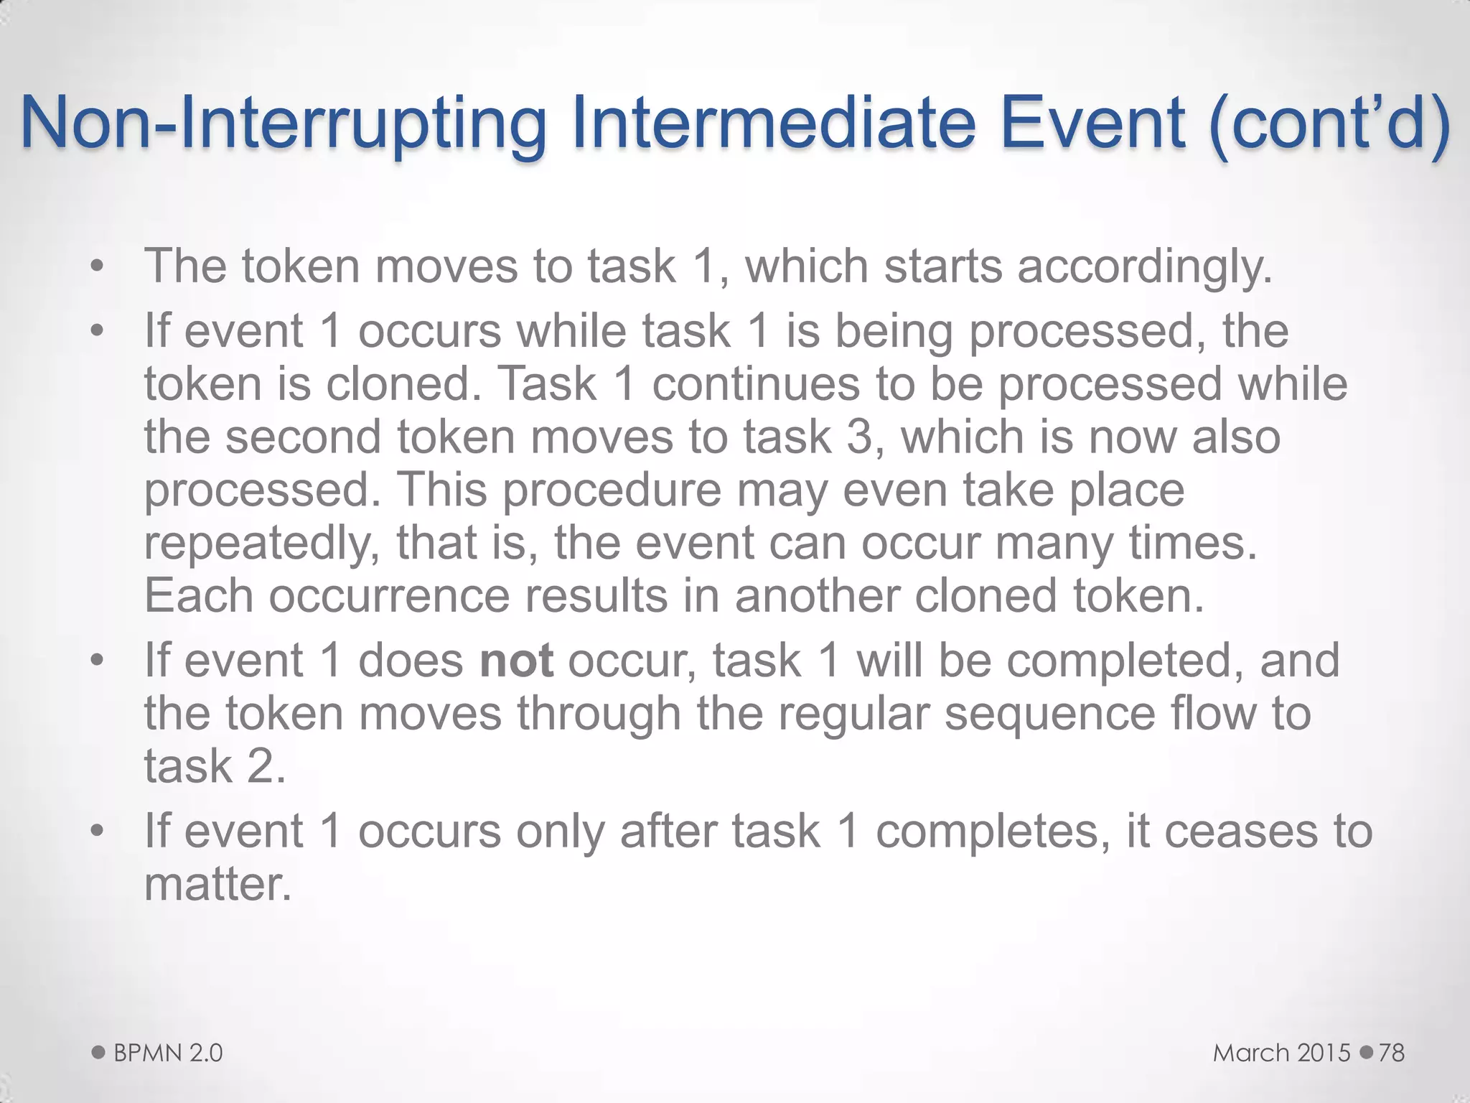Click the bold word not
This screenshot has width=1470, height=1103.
pyautogui.click(x=516, y=661)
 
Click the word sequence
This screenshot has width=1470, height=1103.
pyautogui.click(x=1049, y=714)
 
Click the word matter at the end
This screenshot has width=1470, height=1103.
pyautogui.click(x=217, y=885)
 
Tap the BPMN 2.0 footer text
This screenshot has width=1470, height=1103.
pyautogui.click(x=168, y=1053)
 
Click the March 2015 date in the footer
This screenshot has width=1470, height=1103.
pyautogui.click(x=1282, y=1053)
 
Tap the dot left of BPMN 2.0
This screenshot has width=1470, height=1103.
pyautogui.click(x=99, y=1052)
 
